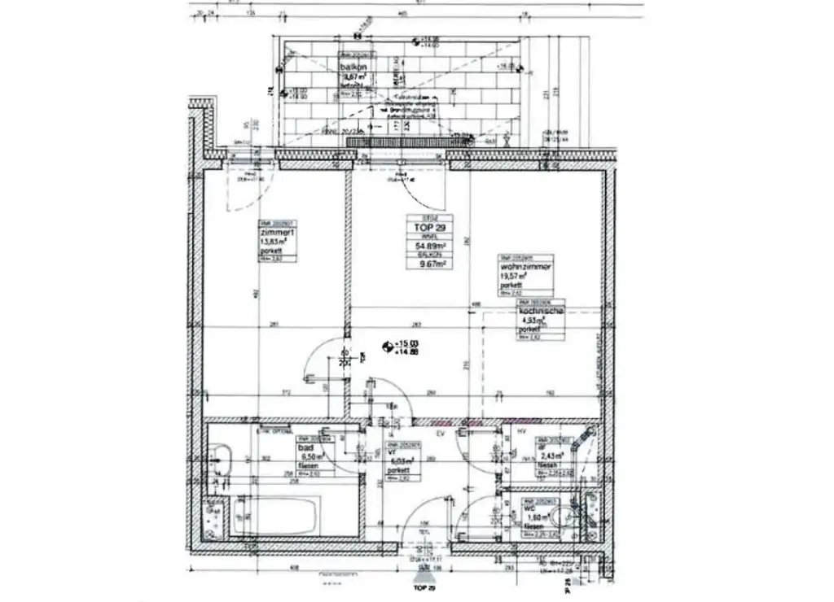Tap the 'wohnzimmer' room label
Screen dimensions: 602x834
(x=526, y=266)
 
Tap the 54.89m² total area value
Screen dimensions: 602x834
(x=430, y=246)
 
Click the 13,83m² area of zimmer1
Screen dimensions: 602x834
(x=272, y=242)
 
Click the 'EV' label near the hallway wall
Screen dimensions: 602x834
(x=441, y=434)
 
